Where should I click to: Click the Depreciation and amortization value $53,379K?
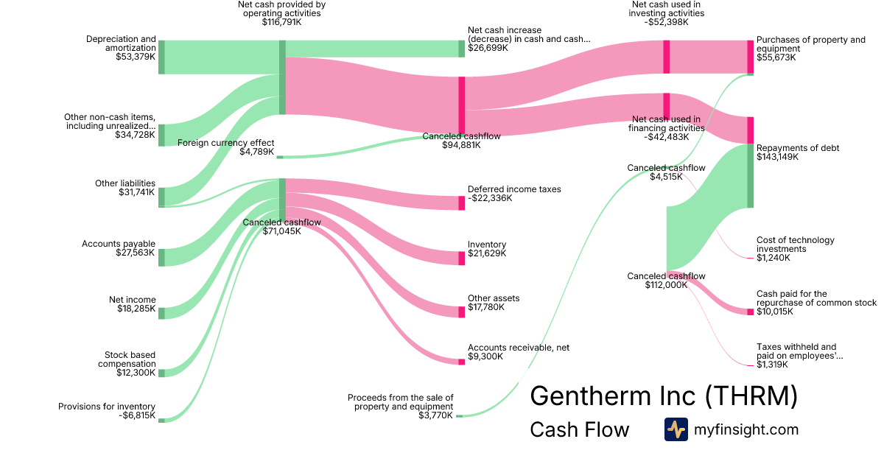pyautogui.click(x=136, y=56)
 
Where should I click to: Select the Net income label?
pyautogui.click(x=133, y=300)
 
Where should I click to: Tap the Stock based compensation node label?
pyautogui.click(x=130, y=359)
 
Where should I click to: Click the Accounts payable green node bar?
pyautogui.click(x=161, y=257)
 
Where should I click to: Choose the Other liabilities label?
pyautogui.click(x=125, y=183)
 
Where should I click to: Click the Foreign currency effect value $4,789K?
pyautogui.click(x=256, y=152)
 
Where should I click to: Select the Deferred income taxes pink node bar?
pyautogui.click(x=462, y=203)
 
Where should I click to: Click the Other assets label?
pyautogui.click(x=494, y=298)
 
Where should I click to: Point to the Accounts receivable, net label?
pyautogui.click(x=519, y=348)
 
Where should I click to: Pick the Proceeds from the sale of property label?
pyautogui.click(x=401, y=401)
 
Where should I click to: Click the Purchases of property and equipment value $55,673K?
pyautogui.click(x=776, y=57)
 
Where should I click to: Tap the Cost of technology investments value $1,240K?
pyautogui.click(x=773, y=258)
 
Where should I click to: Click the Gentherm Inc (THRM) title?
pyautogui.click(x=663, y=396)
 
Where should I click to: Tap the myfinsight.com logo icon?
pyautogui.click(x=676, y=429)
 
